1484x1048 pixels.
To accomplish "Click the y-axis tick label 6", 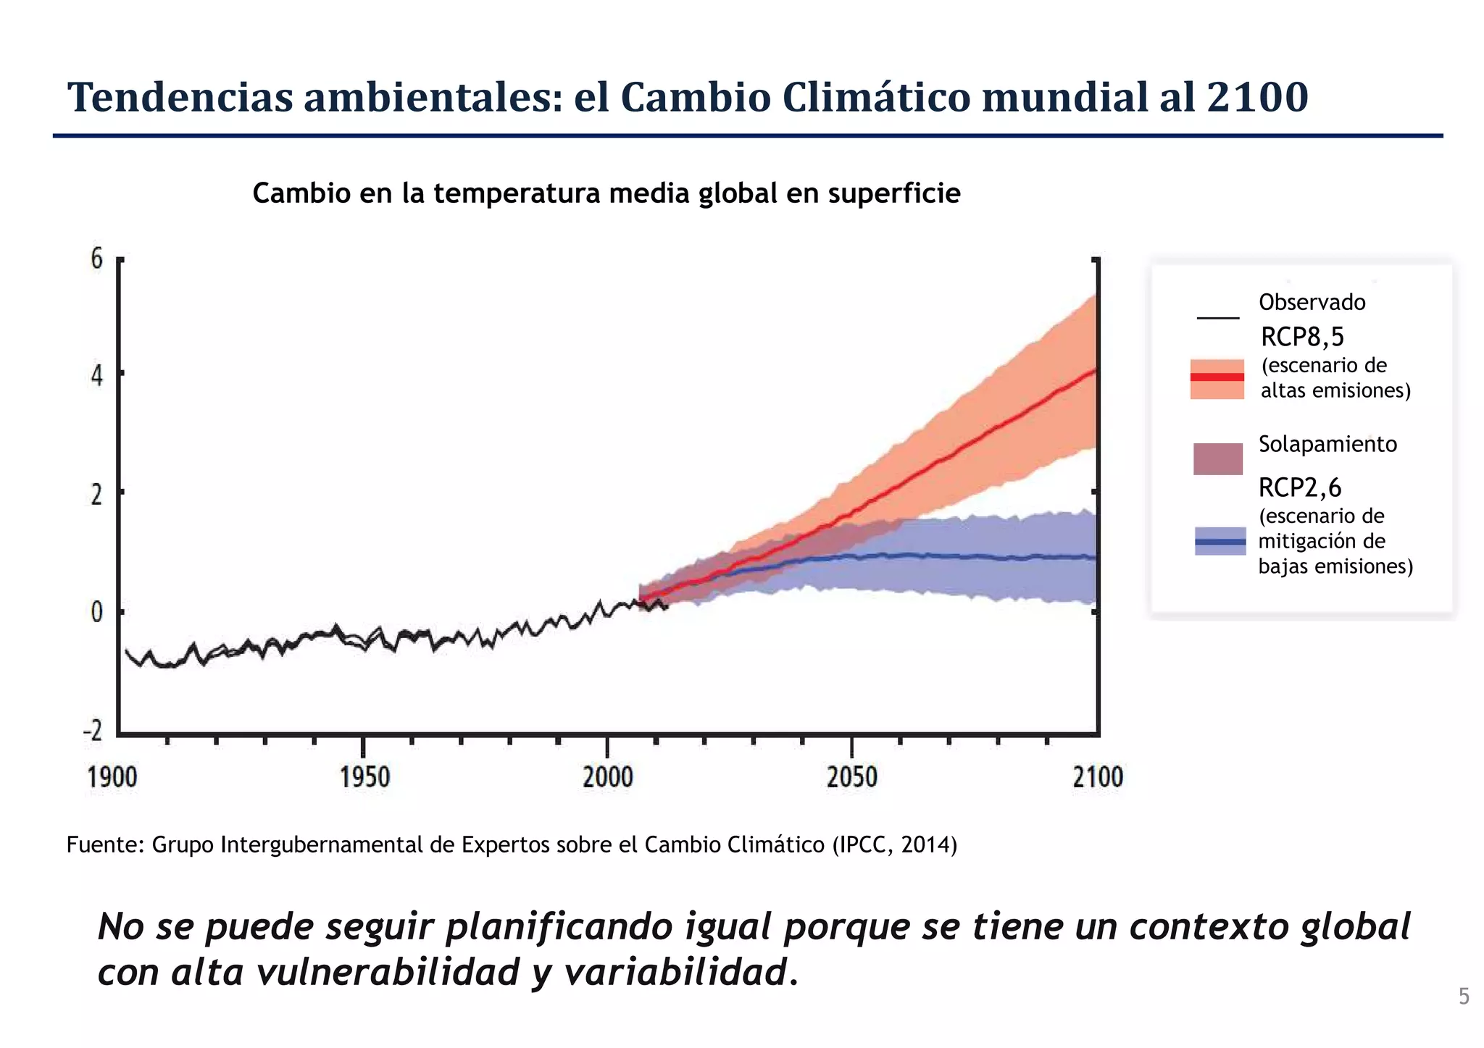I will coord(97,259).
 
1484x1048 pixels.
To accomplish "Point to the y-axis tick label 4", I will coord(97,376).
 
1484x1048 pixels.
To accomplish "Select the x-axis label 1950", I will coord(364,777).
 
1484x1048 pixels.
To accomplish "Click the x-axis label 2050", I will coord(851,777).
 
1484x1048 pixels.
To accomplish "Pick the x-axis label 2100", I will coord(1097,777).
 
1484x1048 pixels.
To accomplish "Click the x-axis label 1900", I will coord(112,777).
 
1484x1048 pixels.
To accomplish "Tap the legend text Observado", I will coord(1312,302).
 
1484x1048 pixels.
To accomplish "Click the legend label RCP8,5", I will coord(1302,337).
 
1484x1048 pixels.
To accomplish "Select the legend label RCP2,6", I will coord(1300,487).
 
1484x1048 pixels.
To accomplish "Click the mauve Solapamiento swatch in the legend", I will coord(1217,459).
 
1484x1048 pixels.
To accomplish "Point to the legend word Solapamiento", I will coord(1327,444).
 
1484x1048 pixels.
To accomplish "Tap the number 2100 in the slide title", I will coord(1257,97).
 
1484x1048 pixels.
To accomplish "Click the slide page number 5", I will coord(1464,997).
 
